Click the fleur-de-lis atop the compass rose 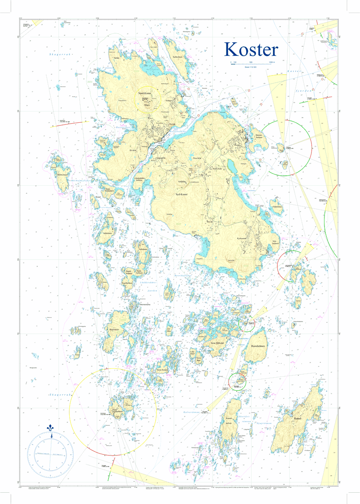click(x=50, y=429)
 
